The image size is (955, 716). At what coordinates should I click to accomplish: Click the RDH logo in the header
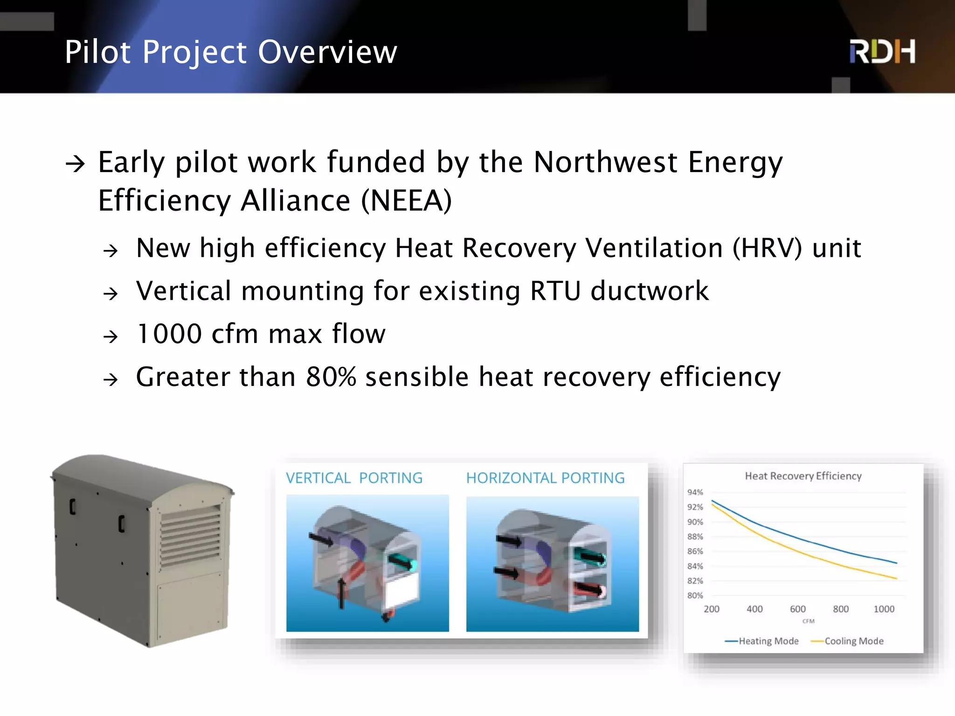pyautogui.click(x=882, y=51)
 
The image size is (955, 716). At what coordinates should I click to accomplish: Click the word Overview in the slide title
pyautogui.click(x=327, y=52)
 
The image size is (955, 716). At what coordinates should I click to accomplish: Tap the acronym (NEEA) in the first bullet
pyautogui.click(x=406, y=201)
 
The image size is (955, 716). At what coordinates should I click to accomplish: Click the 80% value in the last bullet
pyautogui.click(x=331, y=377)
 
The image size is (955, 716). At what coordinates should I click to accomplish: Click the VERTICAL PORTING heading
pyautogui.click(x=354, y=478)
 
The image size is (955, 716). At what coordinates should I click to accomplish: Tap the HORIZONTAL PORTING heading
pyautogui.click(x=545, y=478)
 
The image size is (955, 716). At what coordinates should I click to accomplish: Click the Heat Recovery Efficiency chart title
pyautogui.click(x=803, y=476)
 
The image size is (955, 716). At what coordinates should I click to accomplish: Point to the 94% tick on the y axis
pyautogui.click(x=695, y=492)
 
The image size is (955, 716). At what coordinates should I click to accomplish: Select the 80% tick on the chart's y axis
pyautogui.click(x=695, y=596)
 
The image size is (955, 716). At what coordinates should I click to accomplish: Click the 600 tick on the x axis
pyautogui.click(x=797, y=609)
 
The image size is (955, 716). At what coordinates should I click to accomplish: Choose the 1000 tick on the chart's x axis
pyautogui.click(x=884, y=609)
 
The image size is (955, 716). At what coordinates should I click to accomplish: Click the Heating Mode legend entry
pyautogui.click(x=768, y=641)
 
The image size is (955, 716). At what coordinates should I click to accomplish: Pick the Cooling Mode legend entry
pyautogui.click(x=853, y=641)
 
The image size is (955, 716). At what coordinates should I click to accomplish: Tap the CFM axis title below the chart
pyautogui.click(x=808, y=621)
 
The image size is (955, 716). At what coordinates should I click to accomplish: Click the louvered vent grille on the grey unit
pyautogui.click(x=190, y=536)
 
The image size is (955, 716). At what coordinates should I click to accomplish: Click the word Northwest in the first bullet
pyautogui.click(x=605, y=162)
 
